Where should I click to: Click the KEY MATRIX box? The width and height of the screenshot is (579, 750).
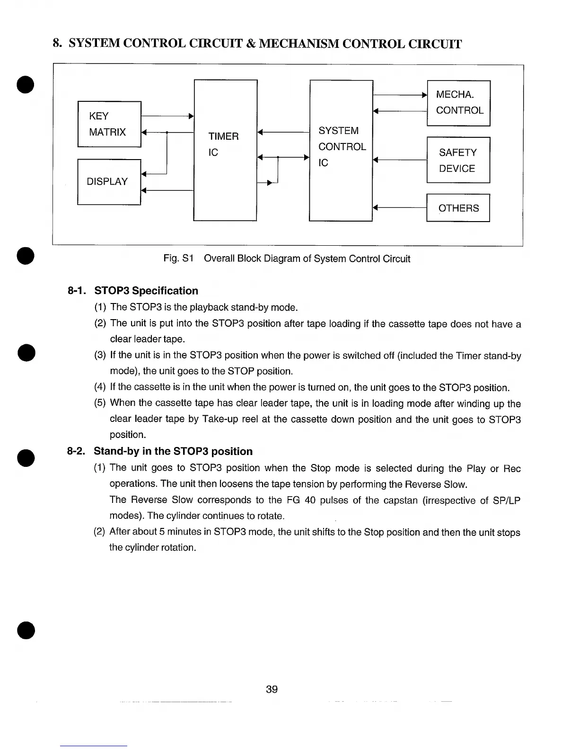109,124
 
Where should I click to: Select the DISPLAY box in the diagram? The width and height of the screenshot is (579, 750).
109,182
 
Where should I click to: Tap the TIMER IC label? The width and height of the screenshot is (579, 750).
223,144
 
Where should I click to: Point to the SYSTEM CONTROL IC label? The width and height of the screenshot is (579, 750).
342,147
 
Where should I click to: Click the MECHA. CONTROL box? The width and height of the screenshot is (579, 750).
458,103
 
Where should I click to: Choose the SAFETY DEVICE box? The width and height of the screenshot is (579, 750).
458,160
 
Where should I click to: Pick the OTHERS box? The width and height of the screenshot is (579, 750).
458,208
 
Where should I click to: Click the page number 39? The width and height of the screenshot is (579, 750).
272,689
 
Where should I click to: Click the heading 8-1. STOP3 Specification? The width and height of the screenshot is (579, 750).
133,291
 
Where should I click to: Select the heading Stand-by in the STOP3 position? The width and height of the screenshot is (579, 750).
173,451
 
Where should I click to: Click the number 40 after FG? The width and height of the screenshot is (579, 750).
310,500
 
